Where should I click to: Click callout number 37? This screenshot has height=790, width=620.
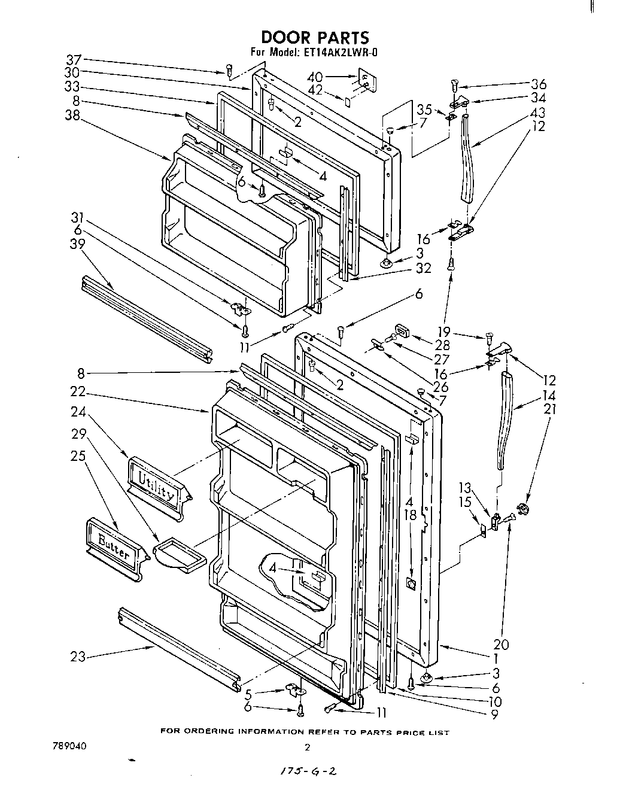click(x=74, y=60)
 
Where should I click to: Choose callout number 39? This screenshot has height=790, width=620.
click(x=77, y=244)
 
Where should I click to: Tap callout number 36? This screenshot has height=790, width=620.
click(x=538, y=84)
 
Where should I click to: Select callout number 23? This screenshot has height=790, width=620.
click(x=78, y=657)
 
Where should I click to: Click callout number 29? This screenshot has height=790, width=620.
click(x=78, y=433)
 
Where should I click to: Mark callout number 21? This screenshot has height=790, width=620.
click(x=550, y=409)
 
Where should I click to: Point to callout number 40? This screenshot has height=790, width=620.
click(x=315, y=77)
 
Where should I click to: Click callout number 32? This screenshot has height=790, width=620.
click(x=423, y=269)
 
